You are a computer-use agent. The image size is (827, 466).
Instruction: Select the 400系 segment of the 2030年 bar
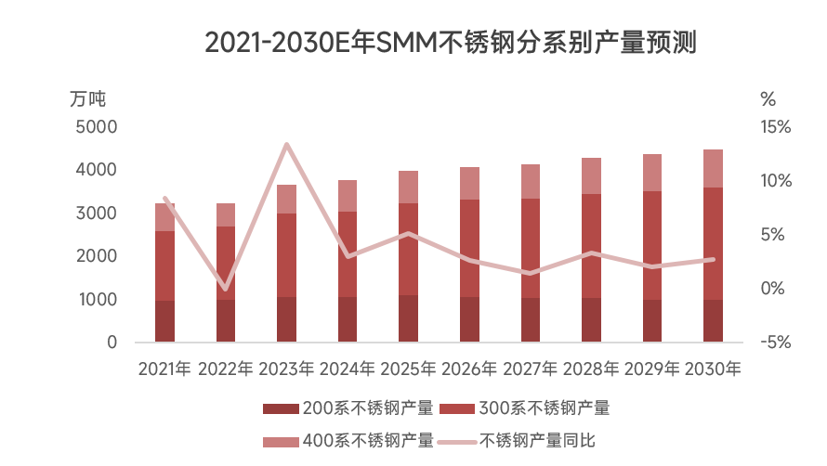[x=713, y=168]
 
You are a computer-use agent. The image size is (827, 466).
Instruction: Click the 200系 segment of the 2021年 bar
[x=165, y=321]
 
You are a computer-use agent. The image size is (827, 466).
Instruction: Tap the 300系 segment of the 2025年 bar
[x=408, y=249]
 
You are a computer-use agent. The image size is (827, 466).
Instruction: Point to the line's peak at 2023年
[x=286, y=144]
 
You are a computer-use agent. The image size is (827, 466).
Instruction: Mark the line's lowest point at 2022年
[x=226, y=290]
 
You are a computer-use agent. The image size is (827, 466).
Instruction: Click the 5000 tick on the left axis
[x=97, y=126]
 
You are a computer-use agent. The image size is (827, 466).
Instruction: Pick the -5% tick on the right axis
[x=773, y=343]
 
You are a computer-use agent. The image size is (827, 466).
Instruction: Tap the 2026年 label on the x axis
[x=468, y=369]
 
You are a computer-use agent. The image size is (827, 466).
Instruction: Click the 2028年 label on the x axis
[x=590, y=369]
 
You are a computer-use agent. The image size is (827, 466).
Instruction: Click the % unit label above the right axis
[x=768, y=98]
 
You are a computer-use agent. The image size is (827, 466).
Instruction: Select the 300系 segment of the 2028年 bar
[x=590, y=246]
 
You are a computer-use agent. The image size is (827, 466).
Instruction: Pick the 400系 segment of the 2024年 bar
[x=347, y=196]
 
